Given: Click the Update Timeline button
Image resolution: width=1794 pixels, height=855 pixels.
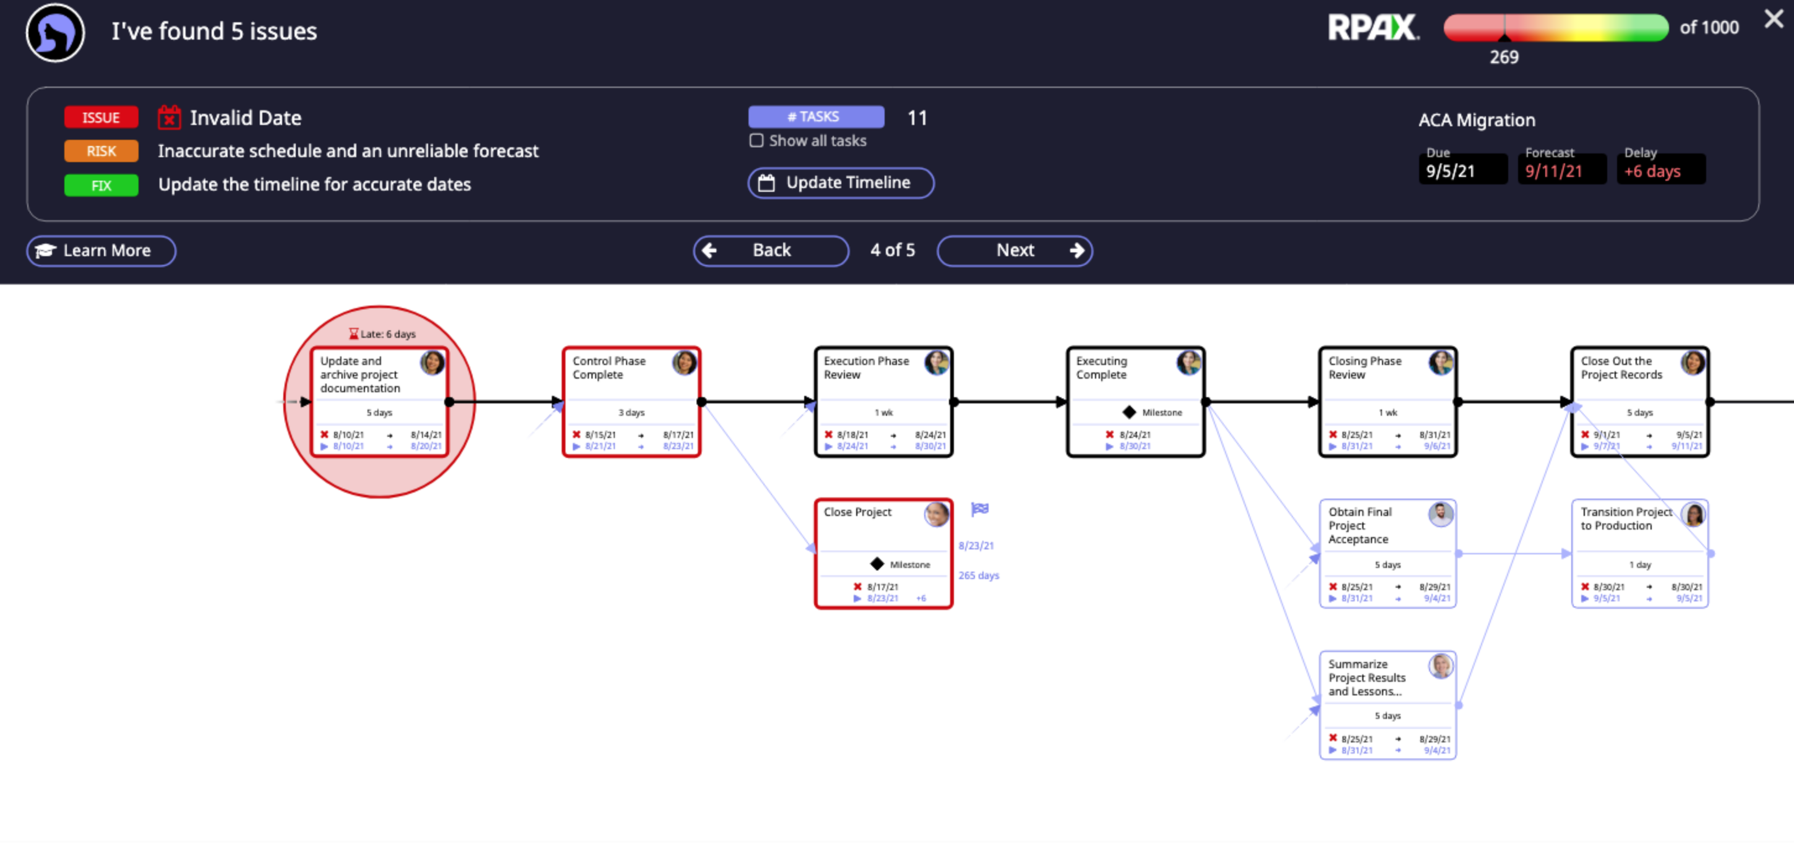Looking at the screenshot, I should click(841, 183).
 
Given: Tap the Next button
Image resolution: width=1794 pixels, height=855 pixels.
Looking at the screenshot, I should click(1014, 251).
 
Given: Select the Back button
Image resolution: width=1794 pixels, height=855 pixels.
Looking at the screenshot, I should click(770, 251).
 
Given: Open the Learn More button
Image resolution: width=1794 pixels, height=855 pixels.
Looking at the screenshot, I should click(101, 251).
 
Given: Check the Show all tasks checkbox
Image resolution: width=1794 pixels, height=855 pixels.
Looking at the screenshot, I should click(757, 140).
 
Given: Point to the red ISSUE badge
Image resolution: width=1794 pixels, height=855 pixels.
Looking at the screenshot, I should click(101, 118).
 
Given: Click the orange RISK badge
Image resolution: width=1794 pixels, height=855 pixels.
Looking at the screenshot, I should click(101, 151).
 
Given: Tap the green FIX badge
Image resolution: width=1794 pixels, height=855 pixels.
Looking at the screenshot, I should click(101, 186).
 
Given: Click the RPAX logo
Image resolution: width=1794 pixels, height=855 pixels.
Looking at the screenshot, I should click(1372, 28).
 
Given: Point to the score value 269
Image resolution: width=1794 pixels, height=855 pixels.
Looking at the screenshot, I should click(1504, 57).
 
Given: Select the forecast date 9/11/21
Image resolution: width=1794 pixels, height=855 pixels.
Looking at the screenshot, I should click(1554, 171).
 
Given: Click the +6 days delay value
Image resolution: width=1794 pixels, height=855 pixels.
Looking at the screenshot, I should click(1652, 171).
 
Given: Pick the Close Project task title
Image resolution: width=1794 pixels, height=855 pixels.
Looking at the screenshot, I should click(857, 512).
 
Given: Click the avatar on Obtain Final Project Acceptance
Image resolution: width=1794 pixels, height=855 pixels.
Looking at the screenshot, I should click(1440, 515).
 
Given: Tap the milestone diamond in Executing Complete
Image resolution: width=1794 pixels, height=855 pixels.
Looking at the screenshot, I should click(1129, 413).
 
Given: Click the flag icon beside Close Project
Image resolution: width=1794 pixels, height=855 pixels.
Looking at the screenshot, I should click(980, 509).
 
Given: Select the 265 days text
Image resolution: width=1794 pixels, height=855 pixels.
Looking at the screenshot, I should click(979, 576).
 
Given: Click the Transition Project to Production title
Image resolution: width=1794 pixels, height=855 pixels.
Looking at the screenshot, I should click(1626, 518).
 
